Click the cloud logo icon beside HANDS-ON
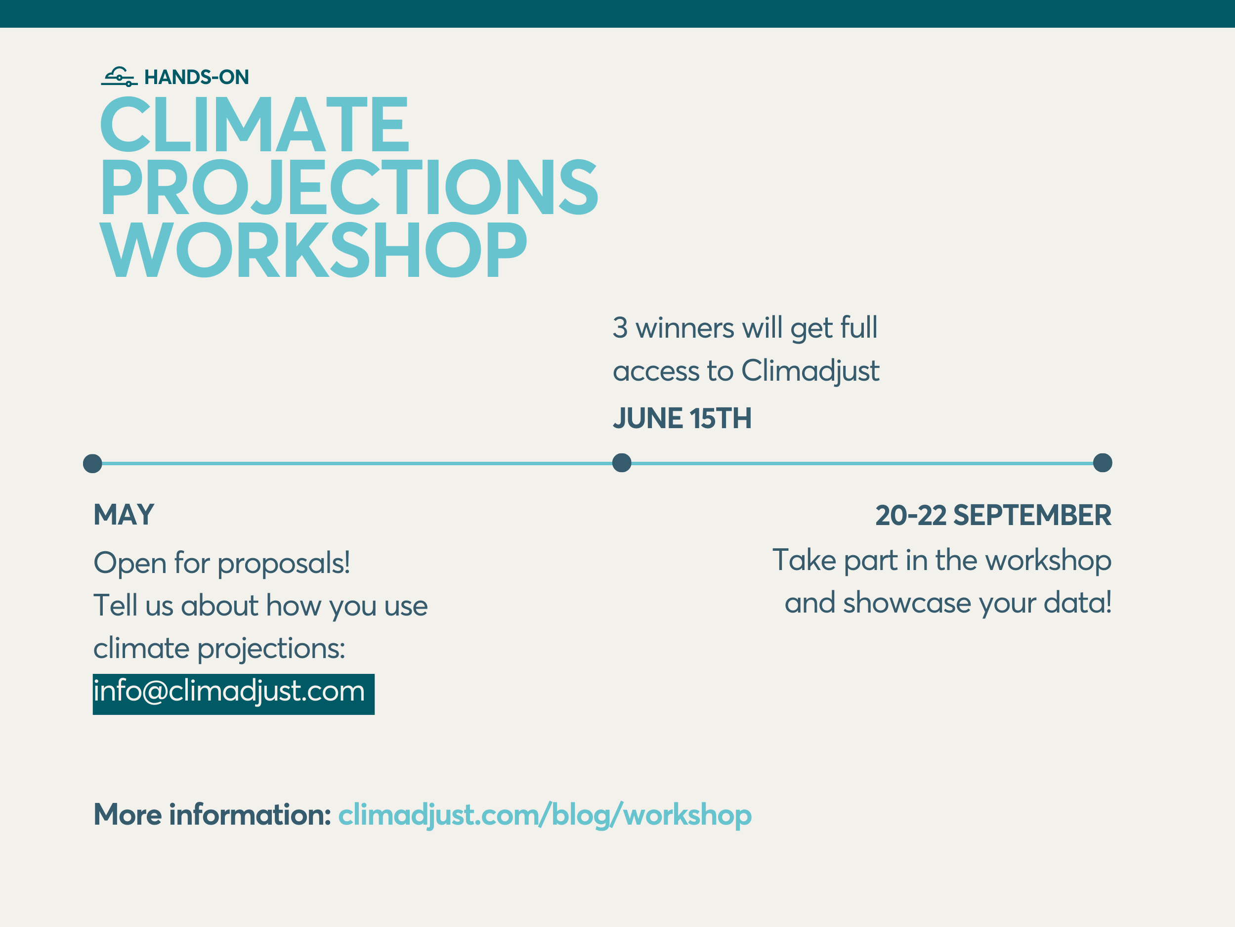(119, 77)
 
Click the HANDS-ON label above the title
(197, 77)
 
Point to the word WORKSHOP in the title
(313, 249)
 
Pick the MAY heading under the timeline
(124, 514)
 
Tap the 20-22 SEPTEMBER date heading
(993, 515)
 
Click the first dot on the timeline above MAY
(93, 464)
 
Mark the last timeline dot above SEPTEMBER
(1103, 463)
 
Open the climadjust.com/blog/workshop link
(545, 815)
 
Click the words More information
(212, 815)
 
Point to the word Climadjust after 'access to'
(810, 371)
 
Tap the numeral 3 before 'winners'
(620, 327)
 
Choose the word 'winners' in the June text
(685, 328)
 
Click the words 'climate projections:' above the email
(219, 649)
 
